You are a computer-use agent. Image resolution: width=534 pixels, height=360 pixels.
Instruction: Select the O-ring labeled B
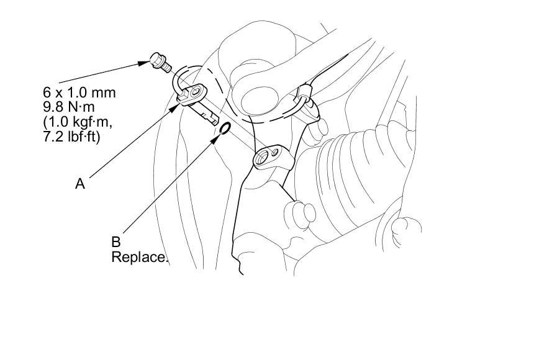click(x=225, y=128)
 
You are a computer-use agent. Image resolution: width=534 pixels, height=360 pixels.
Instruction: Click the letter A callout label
click(x=79, y=184)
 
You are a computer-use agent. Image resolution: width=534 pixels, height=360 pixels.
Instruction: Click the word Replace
click(x=140, y=256)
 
